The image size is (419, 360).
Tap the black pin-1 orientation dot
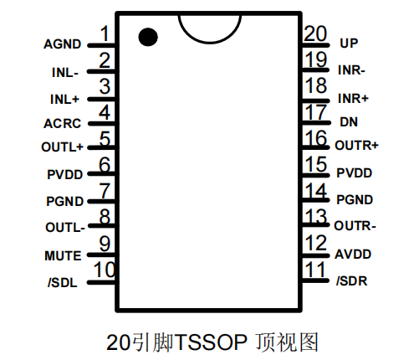[x=148, y=36]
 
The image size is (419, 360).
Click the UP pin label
[x=349, y=43]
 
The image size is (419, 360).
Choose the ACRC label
[x=63, y=124]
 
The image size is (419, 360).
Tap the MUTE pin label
[x=63, y=255]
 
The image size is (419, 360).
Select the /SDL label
[x=64, y=282]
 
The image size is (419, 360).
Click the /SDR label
[x=353, y=281]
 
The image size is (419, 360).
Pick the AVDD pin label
[x=353, y=255]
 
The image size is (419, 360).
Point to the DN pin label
[x=349, y=121]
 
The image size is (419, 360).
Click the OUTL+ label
[x=62, y=148]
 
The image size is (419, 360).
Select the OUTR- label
[x=355, y=226]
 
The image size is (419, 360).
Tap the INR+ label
[x=354, y=98]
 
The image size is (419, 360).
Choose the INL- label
[x=64, y=71]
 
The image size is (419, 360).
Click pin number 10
[x=104, y=270]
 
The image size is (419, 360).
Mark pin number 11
[x=315, y=270]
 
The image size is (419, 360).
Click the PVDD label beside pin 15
[x=354, y=173]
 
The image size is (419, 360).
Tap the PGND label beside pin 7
[x=64, y=201]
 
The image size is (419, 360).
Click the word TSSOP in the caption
[x=213, y=342]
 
